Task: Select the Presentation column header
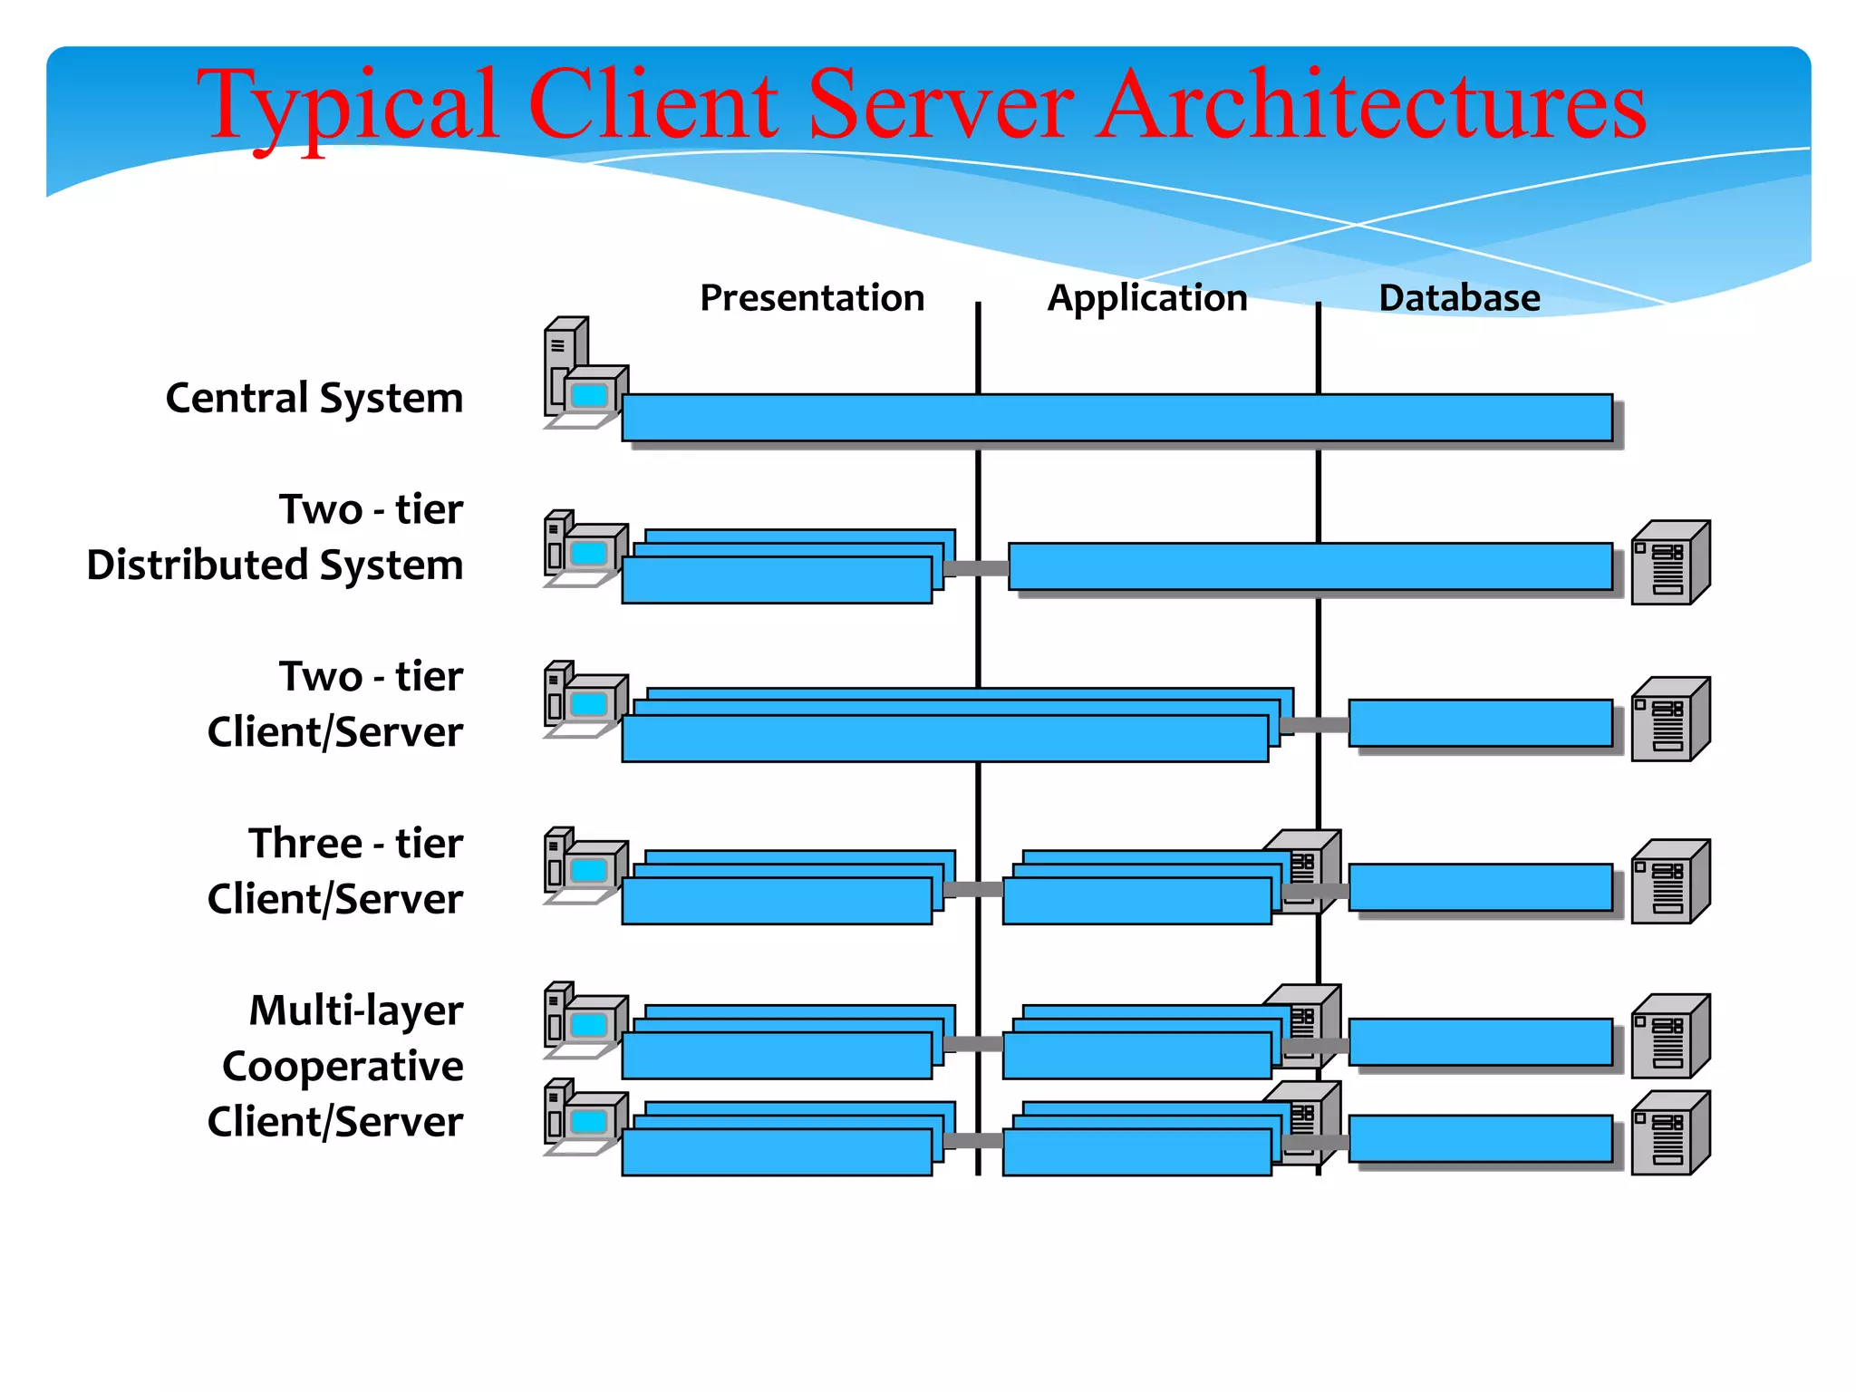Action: (812, 297)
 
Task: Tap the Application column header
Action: (1147, 297)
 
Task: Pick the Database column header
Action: (1459, 297)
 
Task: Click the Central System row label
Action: (314, 398)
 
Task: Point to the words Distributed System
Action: (275, 565)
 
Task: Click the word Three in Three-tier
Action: (305, 843)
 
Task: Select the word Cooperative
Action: (343, 1066)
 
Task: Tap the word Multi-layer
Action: (355, 1010)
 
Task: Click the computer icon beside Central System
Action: (584, 374)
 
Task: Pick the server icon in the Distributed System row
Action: (1669, 563)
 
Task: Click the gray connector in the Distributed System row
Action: (976, 568)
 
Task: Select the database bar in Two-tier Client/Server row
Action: (1480, 722)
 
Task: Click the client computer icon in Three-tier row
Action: (585, 865)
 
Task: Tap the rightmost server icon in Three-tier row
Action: (1669, 882)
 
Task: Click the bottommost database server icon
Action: (1669, 1134)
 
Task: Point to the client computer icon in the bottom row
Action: (585, 1117)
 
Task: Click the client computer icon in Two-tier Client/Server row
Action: (585, 700)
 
